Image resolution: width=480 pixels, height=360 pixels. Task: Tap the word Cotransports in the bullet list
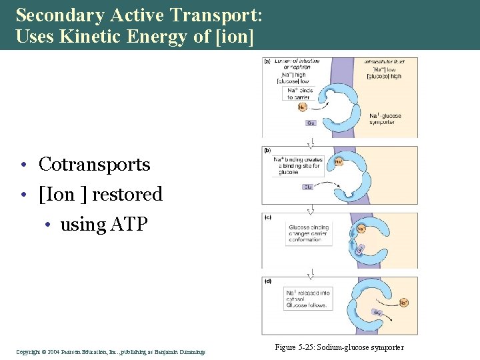94,164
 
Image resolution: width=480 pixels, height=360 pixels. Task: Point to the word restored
127,194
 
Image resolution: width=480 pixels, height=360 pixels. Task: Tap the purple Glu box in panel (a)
311,123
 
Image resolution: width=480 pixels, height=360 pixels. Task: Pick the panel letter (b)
268,151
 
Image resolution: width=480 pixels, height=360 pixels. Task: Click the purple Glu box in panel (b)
308,187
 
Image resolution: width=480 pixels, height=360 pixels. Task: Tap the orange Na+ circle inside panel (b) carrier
338,161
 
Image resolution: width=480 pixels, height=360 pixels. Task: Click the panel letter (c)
268,217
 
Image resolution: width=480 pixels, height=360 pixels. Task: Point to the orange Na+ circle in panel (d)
404,303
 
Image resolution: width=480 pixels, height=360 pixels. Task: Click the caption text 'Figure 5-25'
295,348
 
